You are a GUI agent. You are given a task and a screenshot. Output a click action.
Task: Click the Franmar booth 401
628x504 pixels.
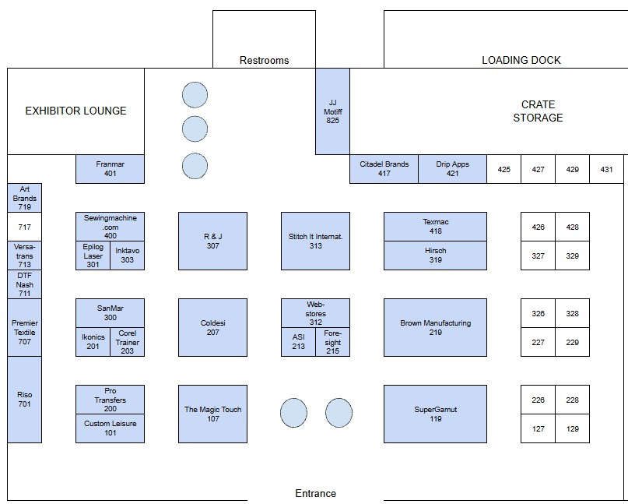point(111,169)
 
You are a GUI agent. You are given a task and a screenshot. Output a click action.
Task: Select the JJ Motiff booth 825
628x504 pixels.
point(332,111)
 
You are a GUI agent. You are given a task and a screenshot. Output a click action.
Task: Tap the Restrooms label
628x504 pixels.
point(264,60)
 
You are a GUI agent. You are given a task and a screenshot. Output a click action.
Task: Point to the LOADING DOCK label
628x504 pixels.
point(521,60)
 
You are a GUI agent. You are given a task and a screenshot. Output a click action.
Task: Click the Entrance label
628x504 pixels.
point(316,494)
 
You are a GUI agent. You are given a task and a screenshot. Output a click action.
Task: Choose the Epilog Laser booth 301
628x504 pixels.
point(93,256)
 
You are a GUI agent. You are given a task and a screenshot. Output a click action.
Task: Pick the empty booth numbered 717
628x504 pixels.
point(24,227)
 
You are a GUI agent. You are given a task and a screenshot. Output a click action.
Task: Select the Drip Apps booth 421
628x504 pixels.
point(452,169)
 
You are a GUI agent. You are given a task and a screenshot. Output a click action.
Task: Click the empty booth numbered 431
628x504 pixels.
point(606,169)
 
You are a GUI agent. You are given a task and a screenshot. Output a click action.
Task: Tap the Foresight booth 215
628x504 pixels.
point(332,342)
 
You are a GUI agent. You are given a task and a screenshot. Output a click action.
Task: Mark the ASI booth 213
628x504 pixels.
point(298,342)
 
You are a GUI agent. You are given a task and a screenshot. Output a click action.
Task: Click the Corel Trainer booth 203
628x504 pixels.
point(127,342)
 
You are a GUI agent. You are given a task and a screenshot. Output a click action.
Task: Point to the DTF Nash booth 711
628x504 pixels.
point(24,284)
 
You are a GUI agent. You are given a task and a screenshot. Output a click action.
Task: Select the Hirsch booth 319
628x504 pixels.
point(435,256)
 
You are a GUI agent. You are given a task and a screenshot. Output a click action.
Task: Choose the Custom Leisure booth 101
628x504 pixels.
point(111,428)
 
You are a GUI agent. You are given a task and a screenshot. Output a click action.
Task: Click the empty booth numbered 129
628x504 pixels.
point(572,428)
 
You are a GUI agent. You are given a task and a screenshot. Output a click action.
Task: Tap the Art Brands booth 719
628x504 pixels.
point(24,198)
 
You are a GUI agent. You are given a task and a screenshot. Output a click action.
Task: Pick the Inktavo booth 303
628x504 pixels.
point(127,256)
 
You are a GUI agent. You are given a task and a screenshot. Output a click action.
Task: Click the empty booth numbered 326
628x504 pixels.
point(538,313)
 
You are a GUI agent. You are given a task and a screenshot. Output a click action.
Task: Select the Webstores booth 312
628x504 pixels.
point(316,313)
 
